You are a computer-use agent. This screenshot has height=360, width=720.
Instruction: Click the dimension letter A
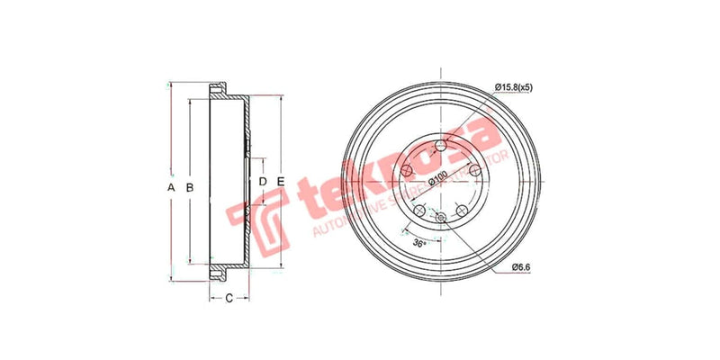(171, 187)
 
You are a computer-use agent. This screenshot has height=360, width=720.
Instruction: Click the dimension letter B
(189, 187)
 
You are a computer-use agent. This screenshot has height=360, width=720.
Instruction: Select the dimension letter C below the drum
(229, 297)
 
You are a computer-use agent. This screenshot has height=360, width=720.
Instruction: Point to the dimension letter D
(263, 183)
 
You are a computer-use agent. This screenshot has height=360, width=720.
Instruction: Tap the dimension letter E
(281, 183)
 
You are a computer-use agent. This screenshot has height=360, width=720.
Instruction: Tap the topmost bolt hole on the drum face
(440, 146)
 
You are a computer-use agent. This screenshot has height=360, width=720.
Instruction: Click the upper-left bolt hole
(407, 171)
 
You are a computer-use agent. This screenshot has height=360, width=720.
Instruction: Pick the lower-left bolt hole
(419, 211)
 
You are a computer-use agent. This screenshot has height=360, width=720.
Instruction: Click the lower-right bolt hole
(462, 211)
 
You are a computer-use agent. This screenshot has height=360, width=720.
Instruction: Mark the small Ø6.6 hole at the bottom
(440, 218)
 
